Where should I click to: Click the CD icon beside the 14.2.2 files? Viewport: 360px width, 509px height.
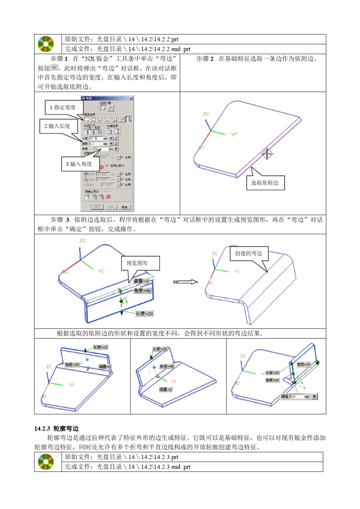click(46, 44)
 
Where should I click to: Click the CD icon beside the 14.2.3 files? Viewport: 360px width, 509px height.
click(46, 462)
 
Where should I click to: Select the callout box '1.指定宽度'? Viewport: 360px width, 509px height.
click(63, 107)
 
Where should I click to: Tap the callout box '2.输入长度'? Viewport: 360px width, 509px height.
click(58, 126)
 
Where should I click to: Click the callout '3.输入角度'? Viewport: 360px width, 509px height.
click(79, 164)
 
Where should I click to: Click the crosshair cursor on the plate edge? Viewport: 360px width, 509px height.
click(267, 154)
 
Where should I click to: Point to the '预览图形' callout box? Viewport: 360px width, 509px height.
click(138, 263)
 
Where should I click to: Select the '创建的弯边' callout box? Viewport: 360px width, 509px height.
click(248, 253)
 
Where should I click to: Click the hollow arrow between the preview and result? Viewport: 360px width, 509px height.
click(186, 282)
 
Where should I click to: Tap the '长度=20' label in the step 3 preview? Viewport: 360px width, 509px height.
click(144, 314)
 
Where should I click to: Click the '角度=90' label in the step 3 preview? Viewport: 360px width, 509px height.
click(142, 290)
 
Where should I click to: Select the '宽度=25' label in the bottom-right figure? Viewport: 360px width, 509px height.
click(304, 364)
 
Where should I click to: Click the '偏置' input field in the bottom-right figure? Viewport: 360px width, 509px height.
click(297, 397)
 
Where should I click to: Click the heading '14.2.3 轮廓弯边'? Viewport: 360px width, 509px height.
click(56, 428)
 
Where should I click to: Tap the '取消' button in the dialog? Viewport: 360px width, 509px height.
click(124, 207)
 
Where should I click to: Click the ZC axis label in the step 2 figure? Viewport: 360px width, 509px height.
click(206, 114)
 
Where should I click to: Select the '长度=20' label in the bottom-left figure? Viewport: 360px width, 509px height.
click(100, 347)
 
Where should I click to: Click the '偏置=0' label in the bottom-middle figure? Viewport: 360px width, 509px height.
click(166, 389)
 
